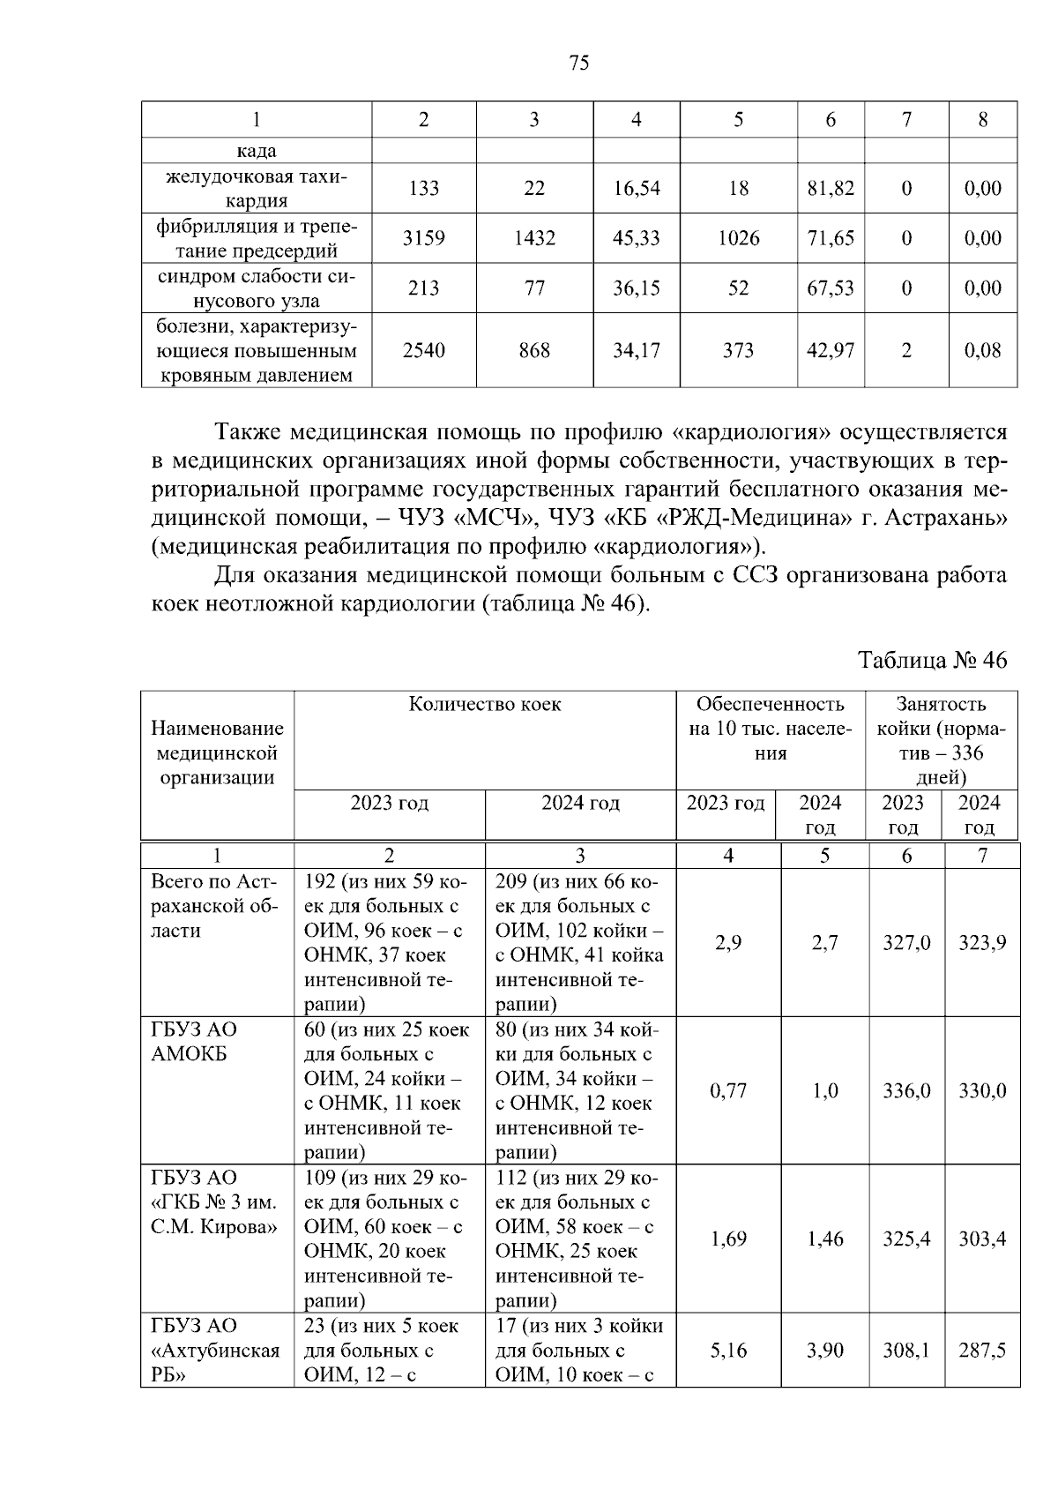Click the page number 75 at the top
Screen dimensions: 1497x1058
tap(578, 63)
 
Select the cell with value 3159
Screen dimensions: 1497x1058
tap(423, 238)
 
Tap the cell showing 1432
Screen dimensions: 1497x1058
tap(533, 238)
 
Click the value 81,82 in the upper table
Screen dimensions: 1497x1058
tap(830, 188)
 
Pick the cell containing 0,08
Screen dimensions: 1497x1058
tap(982, 350)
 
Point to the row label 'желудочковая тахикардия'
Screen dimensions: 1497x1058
tap(257, 188)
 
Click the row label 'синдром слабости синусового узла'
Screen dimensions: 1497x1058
tap(257, 288)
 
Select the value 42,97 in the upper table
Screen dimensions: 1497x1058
tap(830, 350)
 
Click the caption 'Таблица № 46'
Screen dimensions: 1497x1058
tap(932, 661)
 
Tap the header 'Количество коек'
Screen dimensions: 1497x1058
tap(484, 705)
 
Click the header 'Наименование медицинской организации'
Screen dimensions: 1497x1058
tap(217, 752)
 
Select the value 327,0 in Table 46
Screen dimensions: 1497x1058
tap(905, 943)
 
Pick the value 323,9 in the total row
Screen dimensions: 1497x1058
tap(981, 943)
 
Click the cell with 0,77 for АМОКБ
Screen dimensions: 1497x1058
tap(727, 1091)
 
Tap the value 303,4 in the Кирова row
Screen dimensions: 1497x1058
tap(981, 1239)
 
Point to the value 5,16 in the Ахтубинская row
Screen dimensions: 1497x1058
tap(727, 1351)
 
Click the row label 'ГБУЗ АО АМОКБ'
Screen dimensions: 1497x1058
tap(194, 1042)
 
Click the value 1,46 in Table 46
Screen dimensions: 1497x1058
tap(824, 1239)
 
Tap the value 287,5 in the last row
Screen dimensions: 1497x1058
tap(981, 1351)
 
